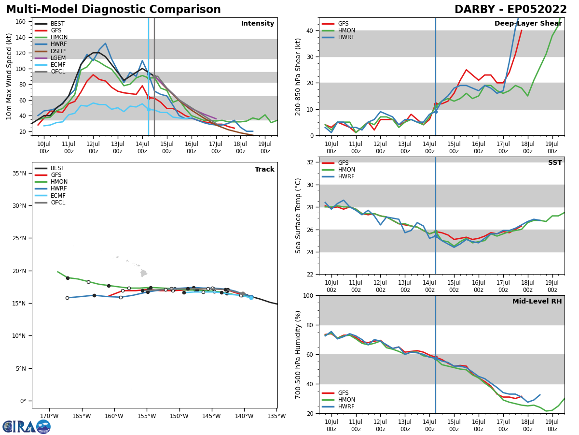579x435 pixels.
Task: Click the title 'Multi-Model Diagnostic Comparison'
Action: pyautogui.click(x=113, y=10)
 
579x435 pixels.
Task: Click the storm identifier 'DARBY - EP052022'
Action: pyautogui.click(x=510, y=10)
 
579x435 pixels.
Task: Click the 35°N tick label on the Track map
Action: pyautogui.click(x=19, y=174)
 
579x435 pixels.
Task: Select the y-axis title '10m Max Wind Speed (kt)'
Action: pyautogui.click(x=9, y=76)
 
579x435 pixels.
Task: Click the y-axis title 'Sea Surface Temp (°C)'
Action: pyautogui.click(x=298, y=216)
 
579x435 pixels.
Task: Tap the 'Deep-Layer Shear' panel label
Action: pyautogui.click(x=528, y=24)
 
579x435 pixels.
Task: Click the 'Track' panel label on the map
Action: pyautogui.click(x=264, y=170)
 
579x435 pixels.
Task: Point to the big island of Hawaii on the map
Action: pyautogui.click(x=143, y=273)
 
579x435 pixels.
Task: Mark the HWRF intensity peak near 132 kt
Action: pyautogui.click(x=105, y=43)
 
